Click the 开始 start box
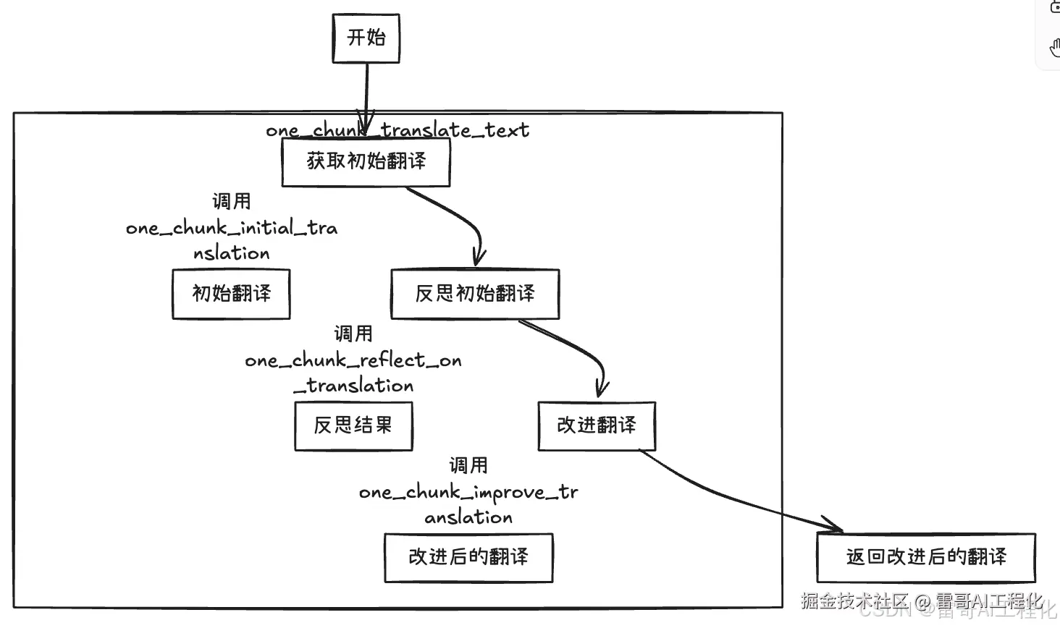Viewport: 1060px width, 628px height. click(x=366, y=38)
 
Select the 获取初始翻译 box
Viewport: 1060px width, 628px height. click(x=366, y=162)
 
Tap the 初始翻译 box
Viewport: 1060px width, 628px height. click(x=231, y=294)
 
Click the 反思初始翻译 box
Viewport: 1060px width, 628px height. click(x=475, y=294)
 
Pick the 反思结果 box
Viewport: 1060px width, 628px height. click(x=353, y=425)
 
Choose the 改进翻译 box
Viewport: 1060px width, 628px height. click(x=597, y=425)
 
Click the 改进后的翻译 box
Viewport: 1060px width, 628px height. click(x=468, y=557)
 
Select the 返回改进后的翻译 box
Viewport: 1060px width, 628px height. click(x=926, y=557)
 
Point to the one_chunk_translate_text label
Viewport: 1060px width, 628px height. click(x=397, y=130)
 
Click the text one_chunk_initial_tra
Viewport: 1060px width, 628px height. click(x=232, y=228)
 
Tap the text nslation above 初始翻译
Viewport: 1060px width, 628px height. click(x=231, y=253)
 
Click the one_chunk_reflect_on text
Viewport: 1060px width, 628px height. click(x=353, y=360)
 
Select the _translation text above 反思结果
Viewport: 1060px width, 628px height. click(x=353, y=386)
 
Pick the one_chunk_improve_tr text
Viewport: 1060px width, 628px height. click(x=468, y=493)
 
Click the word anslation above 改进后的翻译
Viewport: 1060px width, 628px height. click(x=468, y=517)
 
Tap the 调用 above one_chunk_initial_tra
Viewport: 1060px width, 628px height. click(x=231, y=201)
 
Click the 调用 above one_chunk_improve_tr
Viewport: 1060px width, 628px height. click(x=468, y=465)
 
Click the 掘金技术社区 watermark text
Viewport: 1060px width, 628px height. click(x=854, y=601)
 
